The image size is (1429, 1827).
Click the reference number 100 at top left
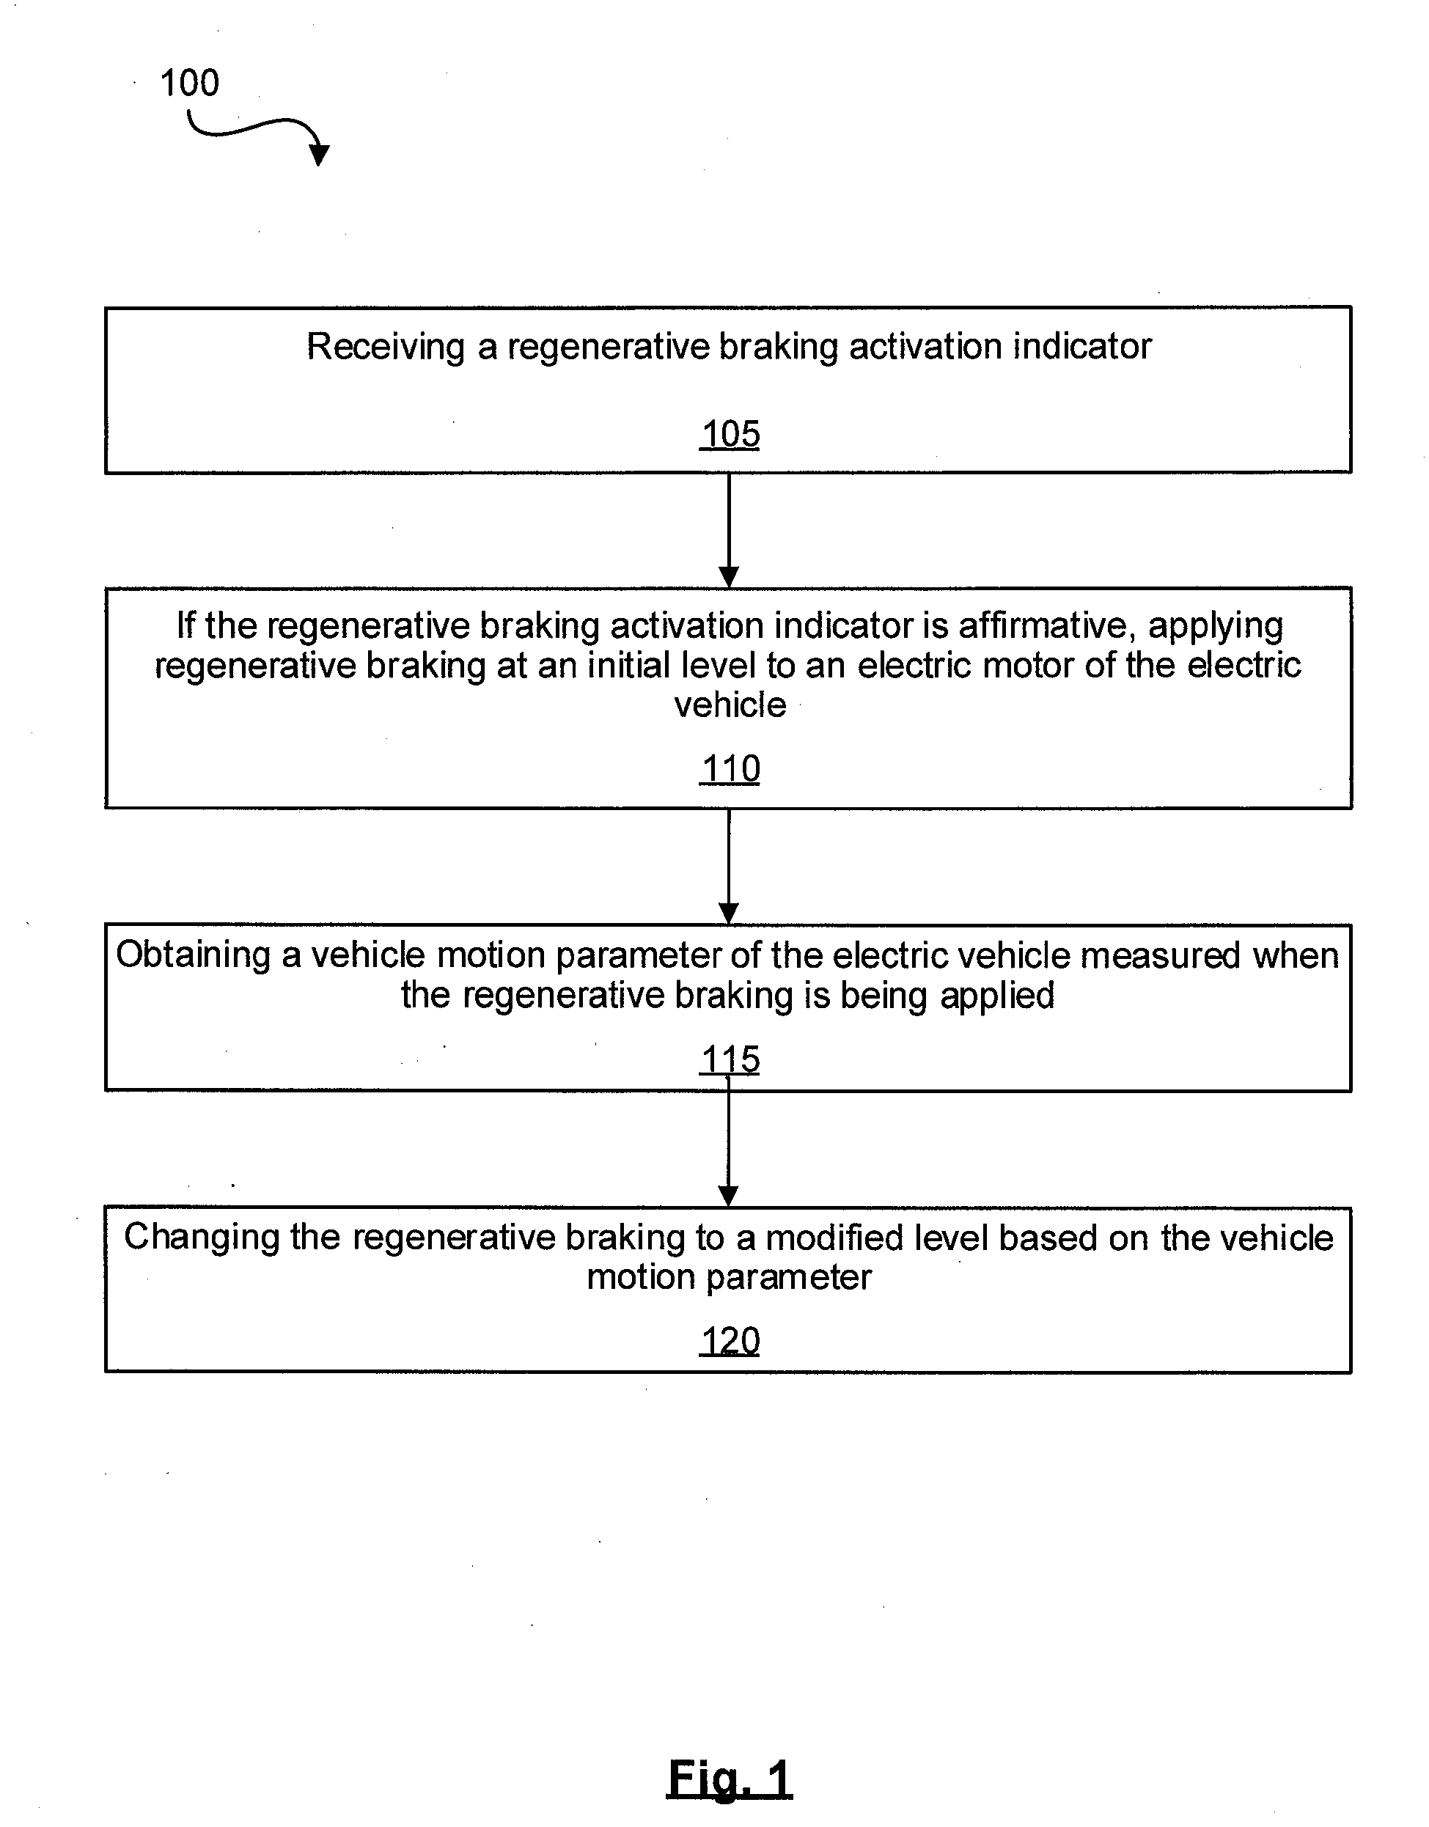(189, 83)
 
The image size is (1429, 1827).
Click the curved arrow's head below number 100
(319, 154)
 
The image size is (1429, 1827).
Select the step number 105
(730, 434)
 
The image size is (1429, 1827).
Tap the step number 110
(730, 769)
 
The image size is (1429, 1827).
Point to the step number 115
(730, 1060)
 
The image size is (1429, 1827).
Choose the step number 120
(730, 1342)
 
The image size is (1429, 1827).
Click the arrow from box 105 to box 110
(729, 530)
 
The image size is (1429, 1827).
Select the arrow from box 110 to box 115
(729, 866)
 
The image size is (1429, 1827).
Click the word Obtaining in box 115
(194, 956)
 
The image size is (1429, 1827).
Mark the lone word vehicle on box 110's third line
(730, 705)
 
